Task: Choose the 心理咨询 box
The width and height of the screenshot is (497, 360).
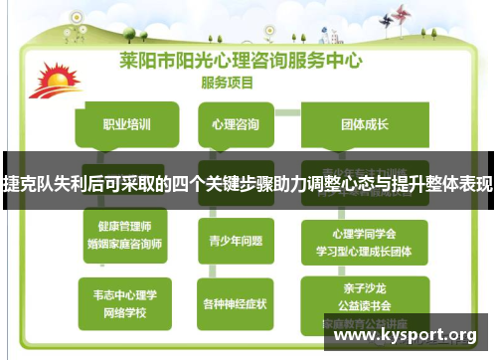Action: pos(236,125)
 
